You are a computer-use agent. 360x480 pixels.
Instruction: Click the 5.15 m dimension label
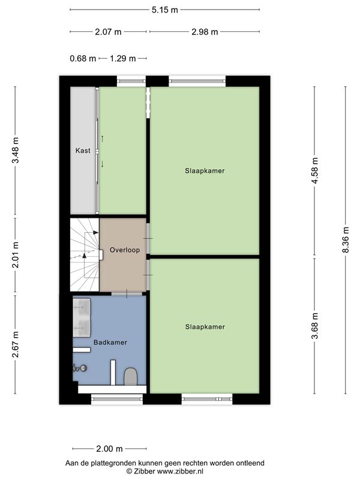164,10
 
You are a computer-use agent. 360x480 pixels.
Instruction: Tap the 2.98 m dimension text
205,32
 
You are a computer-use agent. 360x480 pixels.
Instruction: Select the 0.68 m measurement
83,58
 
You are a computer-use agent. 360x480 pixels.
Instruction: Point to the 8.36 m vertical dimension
346,239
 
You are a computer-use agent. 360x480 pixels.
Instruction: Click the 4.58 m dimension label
314,170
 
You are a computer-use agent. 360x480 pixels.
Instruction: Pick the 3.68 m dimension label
314,326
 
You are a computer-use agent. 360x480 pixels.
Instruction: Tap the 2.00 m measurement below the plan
109,449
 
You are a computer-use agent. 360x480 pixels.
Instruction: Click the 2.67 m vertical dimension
16,344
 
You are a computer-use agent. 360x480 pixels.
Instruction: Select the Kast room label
83,151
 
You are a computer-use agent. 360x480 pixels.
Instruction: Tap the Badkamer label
110,343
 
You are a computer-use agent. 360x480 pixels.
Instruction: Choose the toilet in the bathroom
130,377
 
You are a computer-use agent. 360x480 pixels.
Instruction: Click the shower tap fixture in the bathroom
80,368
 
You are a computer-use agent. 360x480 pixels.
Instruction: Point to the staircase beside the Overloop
85,254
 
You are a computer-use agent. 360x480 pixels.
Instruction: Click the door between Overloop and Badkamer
127,294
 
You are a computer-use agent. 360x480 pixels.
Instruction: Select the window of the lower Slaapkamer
207,399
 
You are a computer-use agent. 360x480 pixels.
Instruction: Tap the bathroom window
117,399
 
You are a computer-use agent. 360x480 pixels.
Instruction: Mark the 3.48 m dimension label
16,151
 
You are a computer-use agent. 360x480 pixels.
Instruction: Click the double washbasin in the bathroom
82,317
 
